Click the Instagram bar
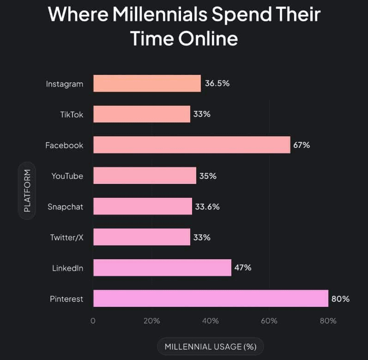click(147, 84)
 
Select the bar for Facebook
click(192, 145)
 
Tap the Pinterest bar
click(211, 298)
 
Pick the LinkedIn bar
click(162, 268)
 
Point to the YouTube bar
click(145, 176)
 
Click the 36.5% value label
click(217, 84)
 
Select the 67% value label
click(302, 145)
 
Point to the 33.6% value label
click(207, 207)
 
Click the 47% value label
click(242, 268)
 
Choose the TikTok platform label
click(72, 114)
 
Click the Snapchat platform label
click(66, 207)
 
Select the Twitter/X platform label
click(67, 237)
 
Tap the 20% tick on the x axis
click(151, 321)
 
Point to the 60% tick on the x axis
click(269, 321)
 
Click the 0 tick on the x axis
click(93, 321)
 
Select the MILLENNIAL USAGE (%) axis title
click(211, 346)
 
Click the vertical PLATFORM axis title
click(27, 190)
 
